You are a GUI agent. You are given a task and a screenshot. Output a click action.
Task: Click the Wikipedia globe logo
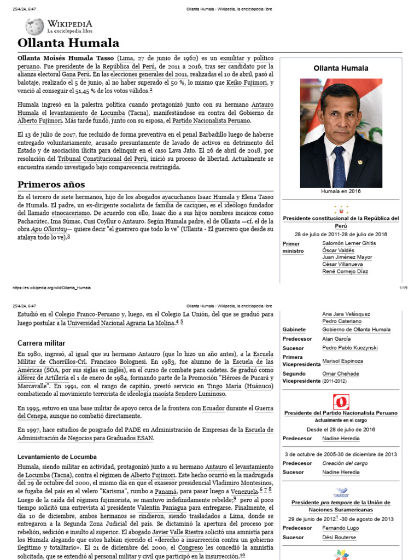tap(34, 27)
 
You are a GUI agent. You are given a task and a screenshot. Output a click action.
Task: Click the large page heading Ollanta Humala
tap(68, 43)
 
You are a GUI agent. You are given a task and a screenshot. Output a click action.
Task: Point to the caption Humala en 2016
tap(341, 191)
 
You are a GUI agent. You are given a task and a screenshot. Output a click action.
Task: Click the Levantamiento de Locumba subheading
tap(57, 456)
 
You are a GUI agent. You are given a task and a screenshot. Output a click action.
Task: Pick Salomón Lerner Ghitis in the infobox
tap(349, 243)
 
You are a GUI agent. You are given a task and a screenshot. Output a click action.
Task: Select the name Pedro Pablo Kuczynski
tap(349, 348)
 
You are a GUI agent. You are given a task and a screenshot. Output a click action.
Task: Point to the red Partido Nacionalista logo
tap(341, 402)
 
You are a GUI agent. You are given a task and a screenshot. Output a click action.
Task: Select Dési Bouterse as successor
tap(339, 538)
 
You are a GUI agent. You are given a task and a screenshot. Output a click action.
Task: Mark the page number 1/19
tap(403, 288)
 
